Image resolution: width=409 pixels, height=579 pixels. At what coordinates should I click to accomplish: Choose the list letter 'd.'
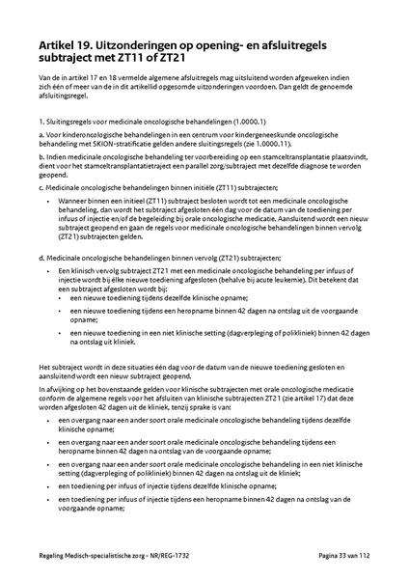click(x=42, y=284)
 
